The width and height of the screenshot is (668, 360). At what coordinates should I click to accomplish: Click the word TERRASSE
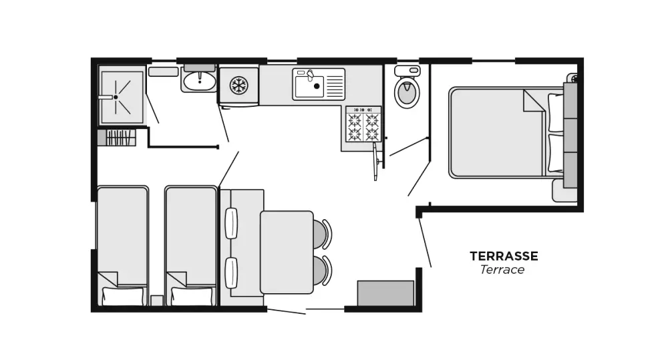(504, 256)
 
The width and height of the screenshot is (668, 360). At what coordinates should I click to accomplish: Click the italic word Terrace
(502, 270)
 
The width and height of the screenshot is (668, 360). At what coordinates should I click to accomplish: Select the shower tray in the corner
(121, 98)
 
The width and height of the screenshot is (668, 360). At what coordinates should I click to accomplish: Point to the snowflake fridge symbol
(238, 85)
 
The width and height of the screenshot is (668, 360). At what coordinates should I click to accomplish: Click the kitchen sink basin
(309, 86)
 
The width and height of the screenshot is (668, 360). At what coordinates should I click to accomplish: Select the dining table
(287, 252)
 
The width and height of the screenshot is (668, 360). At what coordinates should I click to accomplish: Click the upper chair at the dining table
(321, 234)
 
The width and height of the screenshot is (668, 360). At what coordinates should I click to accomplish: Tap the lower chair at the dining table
(321, 270)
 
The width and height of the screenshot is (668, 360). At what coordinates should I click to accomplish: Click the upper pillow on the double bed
(555, 112)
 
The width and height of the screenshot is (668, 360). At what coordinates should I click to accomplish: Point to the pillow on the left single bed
(123, 296)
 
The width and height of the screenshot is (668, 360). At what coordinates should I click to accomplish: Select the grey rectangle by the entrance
(385, 293)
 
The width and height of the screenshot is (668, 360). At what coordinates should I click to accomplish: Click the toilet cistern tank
(407, 70)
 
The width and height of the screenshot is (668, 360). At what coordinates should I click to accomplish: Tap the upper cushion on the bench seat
(231, 223)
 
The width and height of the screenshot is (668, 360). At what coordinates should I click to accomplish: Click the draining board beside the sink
(335, 85)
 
